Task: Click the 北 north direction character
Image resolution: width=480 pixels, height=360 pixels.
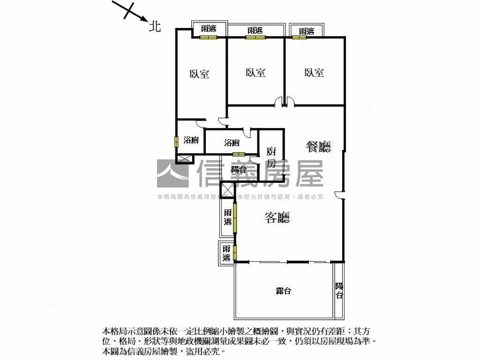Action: pyautogui.click(x=155, y=26)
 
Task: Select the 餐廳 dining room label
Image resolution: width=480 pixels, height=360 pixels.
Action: pyautogui.click(x=318, y=147)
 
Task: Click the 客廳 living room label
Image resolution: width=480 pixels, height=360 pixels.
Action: pyautogui.click(x=277, y=217)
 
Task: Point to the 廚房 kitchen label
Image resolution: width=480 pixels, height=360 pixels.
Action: pyautogui.click(x=271, y=157)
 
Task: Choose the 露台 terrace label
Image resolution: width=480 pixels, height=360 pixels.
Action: pyautogui.click(x=283, y=291)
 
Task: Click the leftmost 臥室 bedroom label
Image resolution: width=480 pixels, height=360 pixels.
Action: pyautogui.click(x=199, y=74)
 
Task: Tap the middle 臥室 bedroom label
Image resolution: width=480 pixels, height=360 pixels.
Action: pyautogui.click(x=255, y=73)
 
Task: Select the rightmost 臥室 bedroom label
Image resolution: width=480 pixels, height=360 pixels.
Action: pyautogui.click(x=314, y=73)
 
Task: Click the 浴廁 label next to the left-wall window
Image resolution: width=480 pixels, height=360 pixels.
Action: pyautogui.click(x=191, y=140)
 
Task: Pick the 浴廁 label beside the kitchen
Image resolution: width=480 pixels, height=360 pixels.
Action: pyautogui.click(x=232, y=142)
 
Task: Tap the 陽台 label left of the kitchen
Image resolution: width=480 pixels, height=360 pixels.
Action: pyautogui.click(x=239, y=169)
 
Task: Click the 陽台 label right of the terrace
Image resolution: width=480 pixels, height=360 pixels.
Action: pyautogui.click(x=339, y=290)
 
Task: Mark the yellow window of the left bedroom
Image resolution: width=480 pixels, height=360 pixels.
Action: pyautogui.click(x=208, y=37)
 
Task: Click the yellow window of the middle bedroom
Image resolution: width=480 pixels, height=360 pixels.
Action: pyautogui.click(x=255, y=37)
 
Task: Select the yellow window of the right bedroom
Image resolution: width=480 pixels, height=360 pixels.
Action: pyautogui.click(x=299, y=37)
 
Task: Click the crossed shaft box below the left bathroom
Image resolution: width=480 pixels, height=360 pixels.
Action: pyautogui.click(x=185, y=159)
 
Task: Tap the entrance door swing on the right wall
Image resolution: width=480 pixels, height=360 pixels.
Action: pyautogui.click(x=339, y=195)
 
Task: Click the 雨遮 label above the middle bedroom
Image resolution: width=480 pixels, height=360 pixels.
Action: pyautogui.click(x=255, y=30)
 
